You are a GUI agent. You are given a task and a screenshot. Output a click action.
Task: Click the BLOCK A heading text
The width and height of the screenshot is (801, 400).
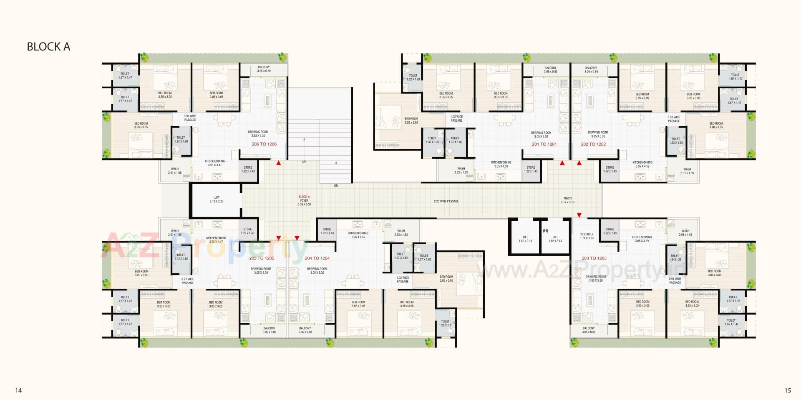click(x=48, y=47)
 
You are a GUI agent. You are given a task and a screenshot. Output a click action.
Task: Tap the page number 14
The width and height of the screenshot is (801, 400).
click(x=18, y=390)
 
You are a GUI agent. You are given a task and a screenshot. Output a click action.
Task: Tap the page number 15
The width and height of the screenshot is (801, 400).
click(x=787, y=390)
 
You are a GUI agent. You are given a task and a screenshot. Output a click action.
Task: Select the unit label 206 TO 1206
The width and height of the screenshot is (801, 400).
click(x=264, y=144)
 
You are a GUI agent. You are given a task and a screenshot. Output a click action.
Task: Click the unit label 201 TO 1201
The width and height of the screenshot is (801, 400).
click(x=544, y=144)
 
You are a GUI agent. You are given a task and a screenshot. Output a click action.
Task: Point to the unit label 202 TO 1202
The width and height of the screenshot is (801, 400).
click(x=593, y=144)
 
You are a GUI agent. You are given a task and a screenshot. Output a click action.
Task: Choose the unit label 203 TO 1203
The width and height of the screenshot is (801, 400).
click(x=594, y=258)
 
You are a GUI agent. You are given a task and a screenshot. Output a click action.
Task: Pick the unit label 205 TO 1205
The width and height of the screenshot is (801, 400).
click(x=262, y=258)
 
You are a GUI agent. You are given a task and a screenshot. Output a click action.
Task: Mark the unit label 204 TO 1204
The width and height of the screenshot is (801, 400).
click(x=317, y=258)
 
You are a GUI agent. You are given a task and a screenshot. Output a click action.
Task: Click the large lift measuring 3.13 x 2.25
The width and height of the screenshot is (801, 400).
click(x=217, y=200)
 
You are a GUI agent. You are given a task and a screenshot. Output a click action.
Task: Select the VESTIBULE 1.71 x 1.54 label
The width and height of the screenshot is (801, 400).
click(x=587, y=236)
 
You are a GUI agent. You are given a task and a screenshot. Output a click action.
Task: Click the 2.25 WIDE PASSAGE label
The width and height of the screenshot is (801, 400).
click(x=446, y=201)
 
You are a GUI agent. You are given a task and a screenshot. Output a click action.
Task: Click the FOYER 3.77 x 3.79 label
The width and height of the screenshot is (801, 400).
click(x=567, y=200)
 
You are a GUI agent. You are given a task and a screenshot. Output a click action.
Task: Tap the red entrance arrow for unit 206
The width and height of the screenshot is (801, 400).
click(x=278, y=163)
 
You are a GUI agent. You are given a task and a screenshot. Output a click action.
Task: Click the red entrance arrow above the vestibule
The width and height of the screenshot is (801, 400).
click(x=579, y=215)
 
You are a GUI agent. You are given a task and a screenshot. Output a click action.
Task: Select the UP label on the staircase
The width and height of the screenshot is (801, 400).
click(x=304, y=162)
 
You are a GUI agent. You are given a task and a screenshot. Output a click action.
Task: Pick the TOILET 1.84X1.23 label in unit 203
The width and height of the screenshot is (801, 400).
click(x=675, y=257)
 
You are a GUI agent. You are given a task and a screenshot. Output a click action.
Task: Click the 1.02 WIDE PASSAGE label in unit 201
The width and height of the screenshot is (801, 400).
click(x=456, y=119)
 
